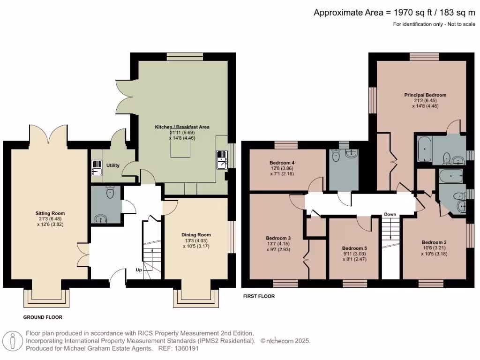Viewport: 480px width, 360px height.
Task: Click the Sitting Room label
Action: tap(50, 213)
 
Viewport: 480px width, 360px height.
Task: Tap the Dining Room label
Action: tap(196, 235)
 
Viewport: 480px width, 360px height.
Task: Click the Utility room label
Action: tap(113, 165)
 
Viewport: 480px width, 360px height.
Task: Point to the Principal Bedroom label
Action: tap(425, 95)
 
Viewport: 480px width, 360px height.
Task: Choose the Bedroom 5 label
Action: tap(354, 248)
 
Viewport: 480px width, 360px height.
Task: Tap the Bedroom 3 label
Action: tap(278, 238)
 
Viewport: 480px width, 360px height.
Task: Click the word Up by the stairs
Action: tap(139, 270)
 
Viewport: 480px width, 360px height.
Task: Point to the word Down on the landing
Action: tap(390, 214)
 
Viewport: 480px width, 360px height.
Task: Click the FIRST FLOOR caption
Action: tap(259, 296)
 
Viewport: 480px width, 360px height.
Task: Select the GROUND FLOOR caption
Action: tap(43, 317)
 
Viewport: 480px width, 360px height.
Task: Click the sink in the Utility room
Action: tap(97, 167)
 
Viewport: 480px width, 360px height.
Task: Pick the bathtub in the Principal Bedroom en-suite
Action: tap(423, 149)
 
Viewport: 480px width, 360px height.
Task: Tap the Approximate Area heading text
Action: tap(394, 13)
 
